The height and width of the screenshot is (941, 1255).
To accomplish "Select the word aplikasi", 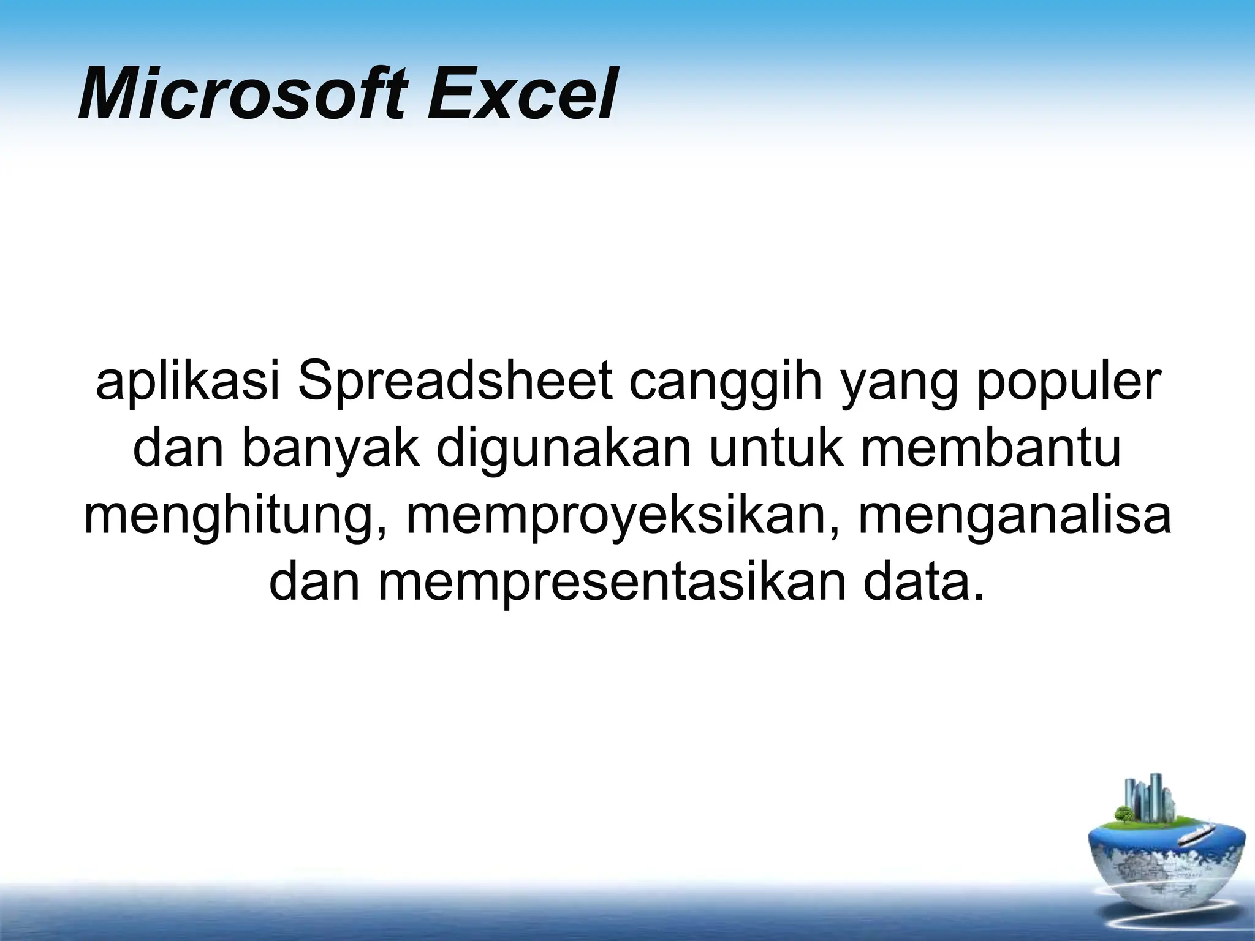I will pos(188,382).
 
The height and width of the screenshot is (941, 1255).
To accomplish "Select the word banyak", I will pos(335,451).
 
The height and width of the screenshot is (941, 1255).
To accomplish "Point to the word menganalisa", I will pos(1014,518).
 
